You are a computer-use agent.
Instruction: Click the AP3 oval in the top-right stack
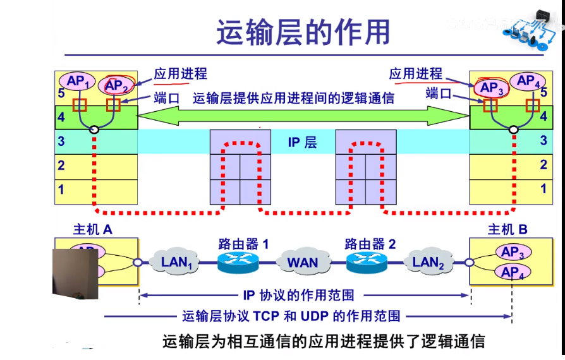[492, 88]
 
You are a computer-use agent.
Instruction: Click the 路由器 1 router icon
[238, 261]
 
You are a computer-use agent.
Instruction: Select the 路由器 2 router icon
[367, 261]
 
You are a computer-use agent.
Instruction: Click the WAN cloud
[303, 261]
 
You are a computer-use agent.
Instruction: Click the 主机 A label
[93, 230]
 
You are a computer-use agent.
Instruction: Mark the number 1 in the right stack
[543, 189]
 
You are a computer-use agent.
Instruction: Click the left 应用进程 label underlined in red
[180, 74]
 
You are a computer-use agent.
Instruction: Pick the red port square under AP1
[79, 105]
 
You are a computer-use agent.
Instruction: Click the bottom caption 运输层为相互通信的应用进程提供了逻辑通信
[324, 342]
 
